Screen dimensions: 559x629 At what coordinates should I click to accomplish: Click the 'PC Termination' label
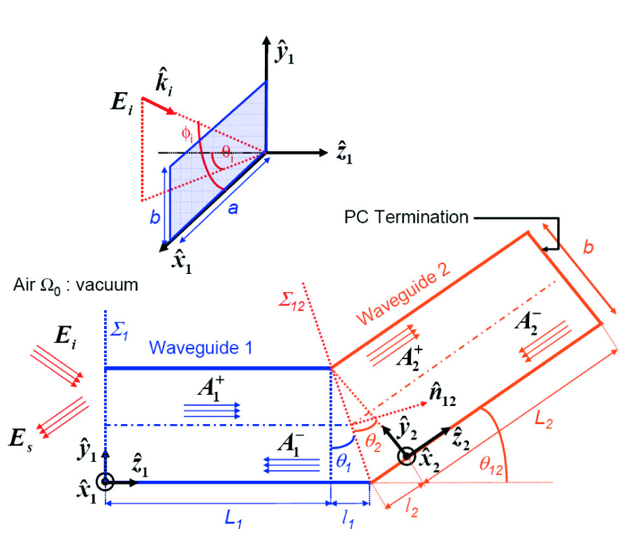pos(406,217)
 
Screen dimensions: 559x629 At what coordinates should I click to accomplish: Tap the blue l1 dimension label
pos(347,521)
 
